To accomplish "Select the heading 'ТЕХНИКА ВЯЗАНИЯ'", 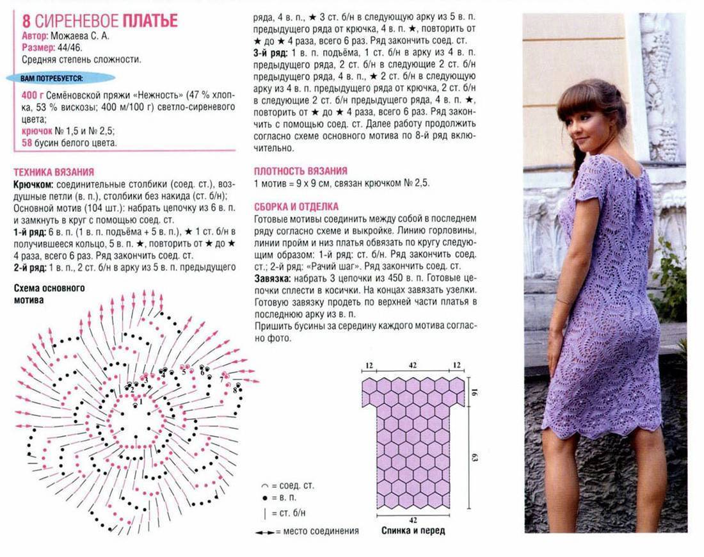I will (54, 172).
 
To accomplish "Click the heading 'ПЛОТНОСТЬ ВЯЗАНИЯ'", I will (301, 171).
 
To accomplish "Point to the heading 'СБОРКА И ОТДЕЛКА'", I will (296, 207).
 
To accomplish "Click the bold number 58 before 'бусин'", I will (27, 143).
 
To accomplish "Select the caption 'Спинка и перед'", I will (413, 531).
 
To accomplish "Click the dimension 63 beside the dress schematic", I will (475, 458).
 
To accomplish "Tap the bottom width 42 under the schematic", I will (413, 519).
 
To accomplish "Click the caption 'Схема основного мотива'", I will (49, 293).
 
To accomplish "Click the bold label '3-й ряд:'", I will (271, 52).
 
